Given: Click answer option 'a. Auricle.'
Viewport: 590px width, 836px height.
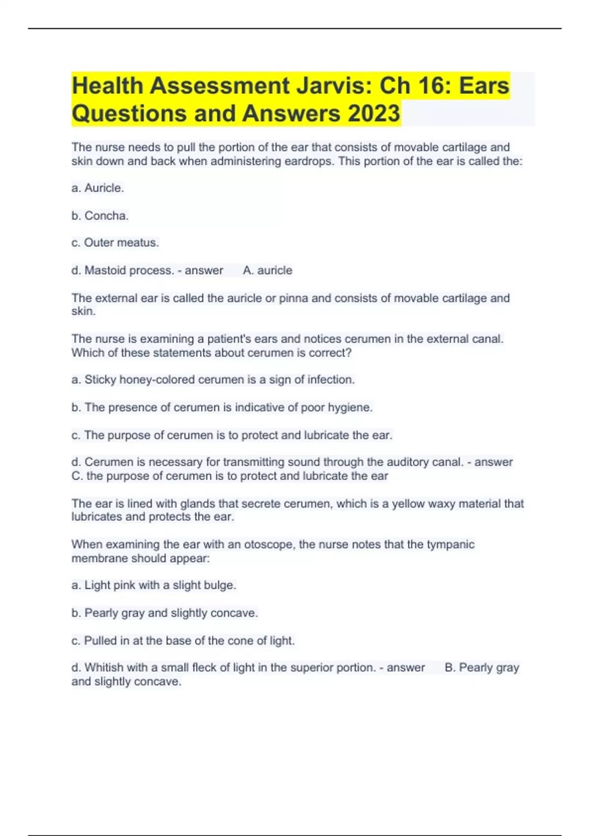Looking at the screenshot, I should coord(97,188).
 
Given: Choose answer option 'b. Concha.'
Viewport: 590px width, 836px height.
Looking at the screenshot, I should coord(100,215).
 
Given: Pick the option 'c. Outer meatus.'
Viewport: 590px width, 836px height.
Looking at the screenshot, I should coord(115,242).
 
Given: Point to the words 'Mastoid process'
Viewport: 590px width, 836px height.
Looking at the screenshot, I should coord(129,270).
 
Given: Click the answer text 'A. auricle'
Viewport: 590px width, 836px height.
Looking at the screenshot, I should coord(267,270).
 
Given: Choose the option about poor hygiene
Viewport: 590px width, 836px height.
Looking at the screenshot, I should coord(222,407).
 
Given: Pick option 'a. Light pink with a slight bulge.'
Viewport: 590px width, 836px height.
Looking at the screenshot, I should coord(154,585).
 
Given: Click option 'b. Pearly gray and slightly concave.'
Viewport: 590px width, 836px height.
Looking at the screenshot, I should coord(165,613).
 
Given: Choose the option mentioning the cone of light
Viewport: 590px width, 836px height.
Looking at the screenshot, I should coord(183,641).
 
